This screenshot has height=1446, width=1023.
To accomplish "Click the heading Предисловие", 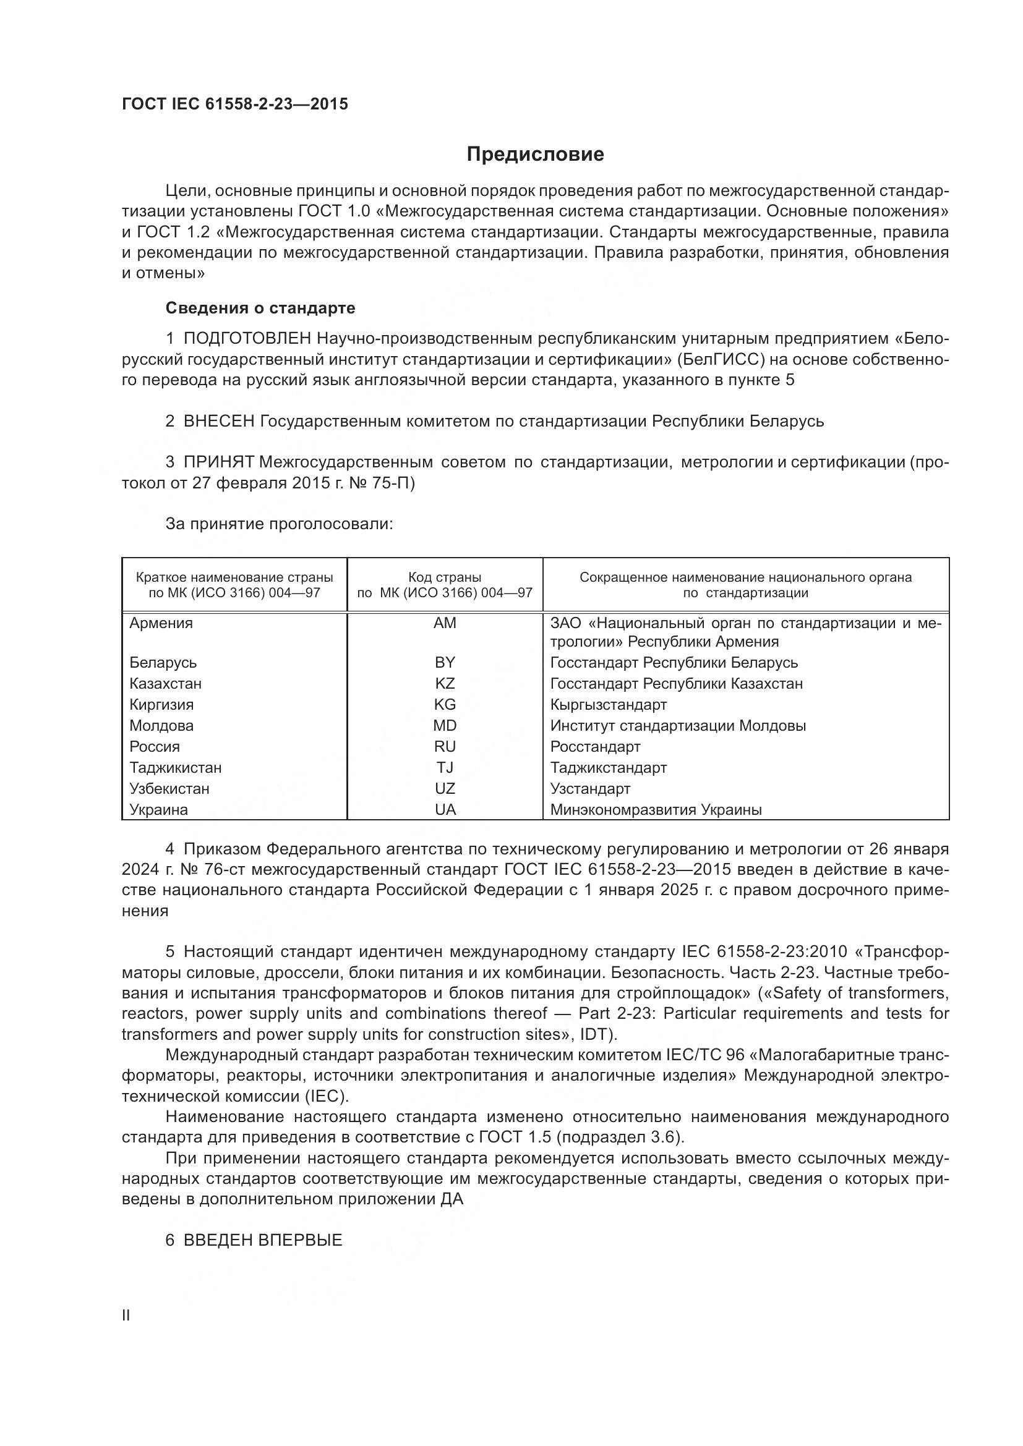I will pos(535,155).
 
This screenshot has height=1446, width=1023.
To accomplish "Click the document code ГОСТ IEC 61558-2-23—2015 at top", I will pos(234,104).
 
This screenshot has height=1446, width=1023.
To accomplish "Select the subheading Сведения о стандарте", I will pos(260,308).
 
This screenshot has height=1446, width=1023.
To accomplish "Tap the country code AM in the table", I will pos(445,623).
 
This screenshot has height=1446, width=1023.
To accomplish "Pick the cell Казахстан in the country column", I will pos(165,683).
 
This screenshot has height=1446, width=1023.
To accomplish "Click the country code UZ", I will pos(445,788).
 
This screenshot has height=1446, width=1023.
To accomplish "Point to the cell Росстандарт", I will pos(594,746).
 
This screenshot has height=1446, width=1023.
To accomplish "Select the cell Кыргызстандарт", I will pos(608,705).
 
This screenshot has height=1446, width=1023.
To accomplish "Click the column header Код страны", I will pos(445,577).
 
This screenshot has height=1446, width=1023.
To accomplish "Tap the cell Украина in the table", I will pos(159,810).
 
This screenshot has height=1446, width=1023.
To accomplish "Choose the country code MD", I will pos(445,726).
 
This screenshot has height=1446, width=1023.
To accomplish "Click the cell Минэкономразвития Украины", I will pos(656,810).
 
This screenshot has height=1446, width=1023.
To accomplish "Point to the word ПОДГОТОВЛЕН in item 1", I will pos(247,339).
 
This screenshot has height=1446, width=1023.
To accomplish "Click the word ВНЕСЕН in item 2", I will pos(218,422).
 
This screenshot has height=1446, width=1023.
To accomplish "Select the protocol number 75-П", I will pos(389,483).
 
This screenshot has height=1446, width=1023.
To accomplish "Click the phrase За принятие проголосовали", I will pos(279,524).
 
